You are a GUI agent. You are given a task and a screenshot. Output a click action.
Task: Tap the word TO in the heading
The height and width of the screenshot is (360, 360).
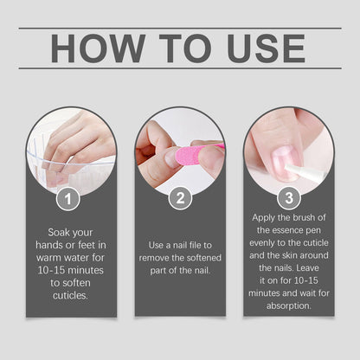click(x=182, y=48)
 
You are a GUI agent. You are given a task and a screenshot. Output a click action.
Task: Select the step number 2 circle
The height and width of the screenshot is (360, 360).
click(x=180, y=198)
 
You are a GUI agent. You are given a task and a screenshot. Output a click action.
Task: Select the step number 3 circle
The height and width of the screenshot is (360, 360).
click(x=289, y=198)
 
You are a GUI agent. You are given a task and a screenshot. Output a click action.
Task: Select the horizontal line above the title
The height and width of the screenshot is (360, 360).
click(x=180, y=29)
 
